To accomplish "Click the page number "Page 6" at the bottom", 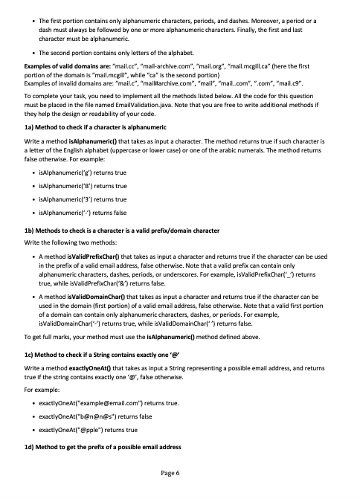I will click(x=180, y=473).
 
